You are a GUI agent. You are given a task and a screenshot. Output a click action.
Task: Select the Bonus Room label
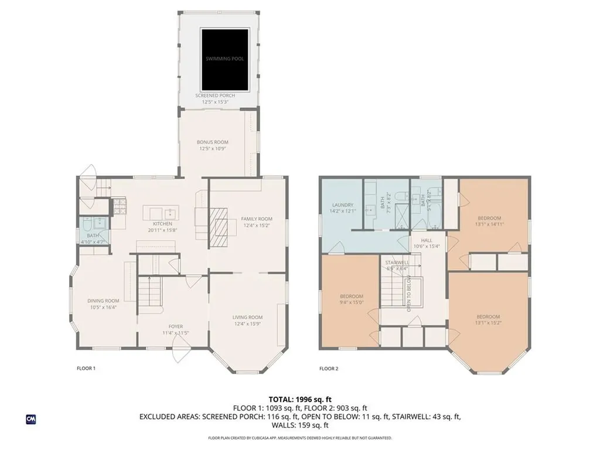coord(212,145)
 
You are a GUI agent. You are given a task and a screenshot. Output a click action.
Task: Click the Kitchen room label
coord(162,227)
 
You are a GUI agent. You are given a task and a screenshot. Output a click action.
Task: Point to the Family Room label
coord(257,222)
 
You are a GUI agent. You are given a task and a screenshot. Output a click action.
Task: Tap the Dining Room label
coord(103,304)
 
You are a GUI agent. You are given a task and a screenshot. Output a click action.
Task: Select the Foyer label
coord(175,329)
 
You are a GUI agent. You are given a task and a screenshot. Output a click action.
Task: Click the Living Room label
coord(247,320)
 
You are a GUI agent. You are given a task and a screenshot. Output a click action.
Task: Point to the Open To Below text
coord(409,293)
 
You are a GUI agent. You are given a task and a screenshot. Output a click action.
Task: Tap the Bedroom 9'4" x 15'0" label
coord(352,299)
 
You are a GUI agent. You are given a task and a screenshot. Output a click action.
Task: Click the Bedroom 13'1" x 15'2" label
coord(488,319)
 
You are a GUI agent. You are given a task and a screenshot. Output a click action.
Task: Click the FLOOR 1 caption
coord(86,369)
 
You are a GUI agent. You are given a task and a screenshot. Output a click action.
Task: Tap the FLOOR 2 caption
coord(329,369)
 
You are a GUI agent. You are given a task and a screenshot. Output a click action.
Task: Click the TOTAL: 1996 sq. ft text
coord(299,399)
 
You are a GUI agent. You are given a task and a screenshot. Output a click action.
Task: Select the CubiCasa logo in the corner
coord(30,419)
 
